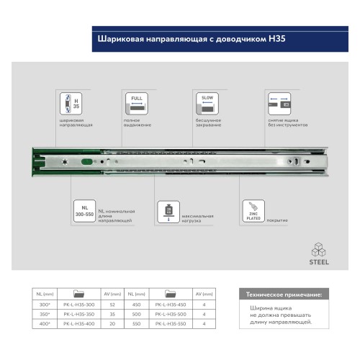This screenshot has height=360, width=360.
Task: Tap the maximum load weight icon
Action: tap(168, 212)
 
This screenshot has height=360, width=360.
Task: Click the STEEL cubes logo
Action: tap(319, 253)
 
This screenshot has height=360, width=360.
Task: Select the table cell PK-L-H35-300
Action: tap(79, 304)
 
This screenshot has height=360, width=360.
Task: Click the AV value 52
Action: tap(113, 304)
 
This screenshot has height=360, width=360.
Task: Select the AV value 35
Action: tap(113, 314)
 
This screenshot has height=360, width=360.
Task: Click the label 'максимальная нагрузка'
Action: tap(195, 218)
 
